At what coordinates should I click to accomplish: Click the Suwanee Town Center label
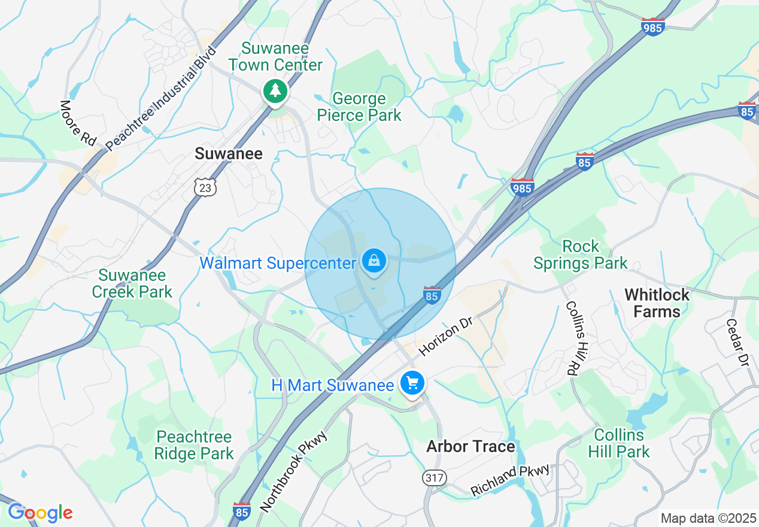(275, 56)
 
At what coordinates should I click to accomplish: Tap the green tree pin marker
(275, 92)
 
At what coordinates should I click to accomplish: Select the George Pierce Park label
(359, 107)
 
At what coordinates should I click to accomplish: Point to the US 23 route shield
(205, 187)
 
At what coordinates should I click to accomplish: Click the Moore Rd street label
(78, 123)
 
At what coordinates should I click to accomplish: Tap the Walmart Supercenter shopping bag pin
(374, 262)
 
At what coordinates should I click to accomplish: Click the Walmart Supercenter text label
(277, 263)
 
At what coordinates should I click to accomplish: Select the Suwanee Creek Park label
(135, 283)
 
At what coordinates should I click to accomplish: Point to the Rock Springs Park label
(580, 255)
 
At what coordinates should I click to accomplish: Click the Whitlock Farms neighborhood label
(657, 302)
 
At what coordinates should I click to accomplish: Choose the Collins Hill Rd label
(574, 338)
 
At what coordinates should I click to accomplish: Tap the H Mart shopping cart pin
(412, 383)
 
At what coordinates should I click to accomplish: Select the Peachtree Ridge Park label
(194, 445)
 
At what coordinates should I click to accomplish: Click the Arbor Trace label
(470, 447)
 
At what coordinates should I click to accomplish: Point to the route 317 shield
(433, 477)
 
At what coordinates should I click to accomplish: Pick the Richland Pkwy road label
(509, 480)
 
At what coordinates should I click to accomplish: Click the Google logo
(40, 513)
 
